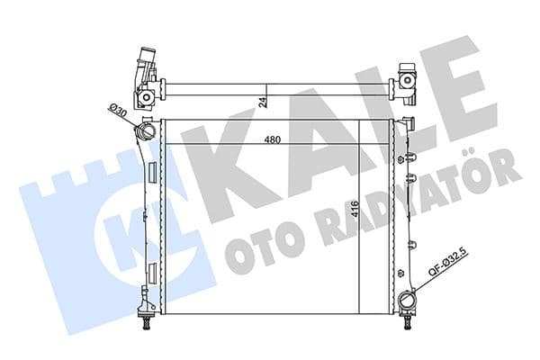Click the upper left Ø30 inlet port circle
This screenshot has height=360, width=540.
pos(145,135)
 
